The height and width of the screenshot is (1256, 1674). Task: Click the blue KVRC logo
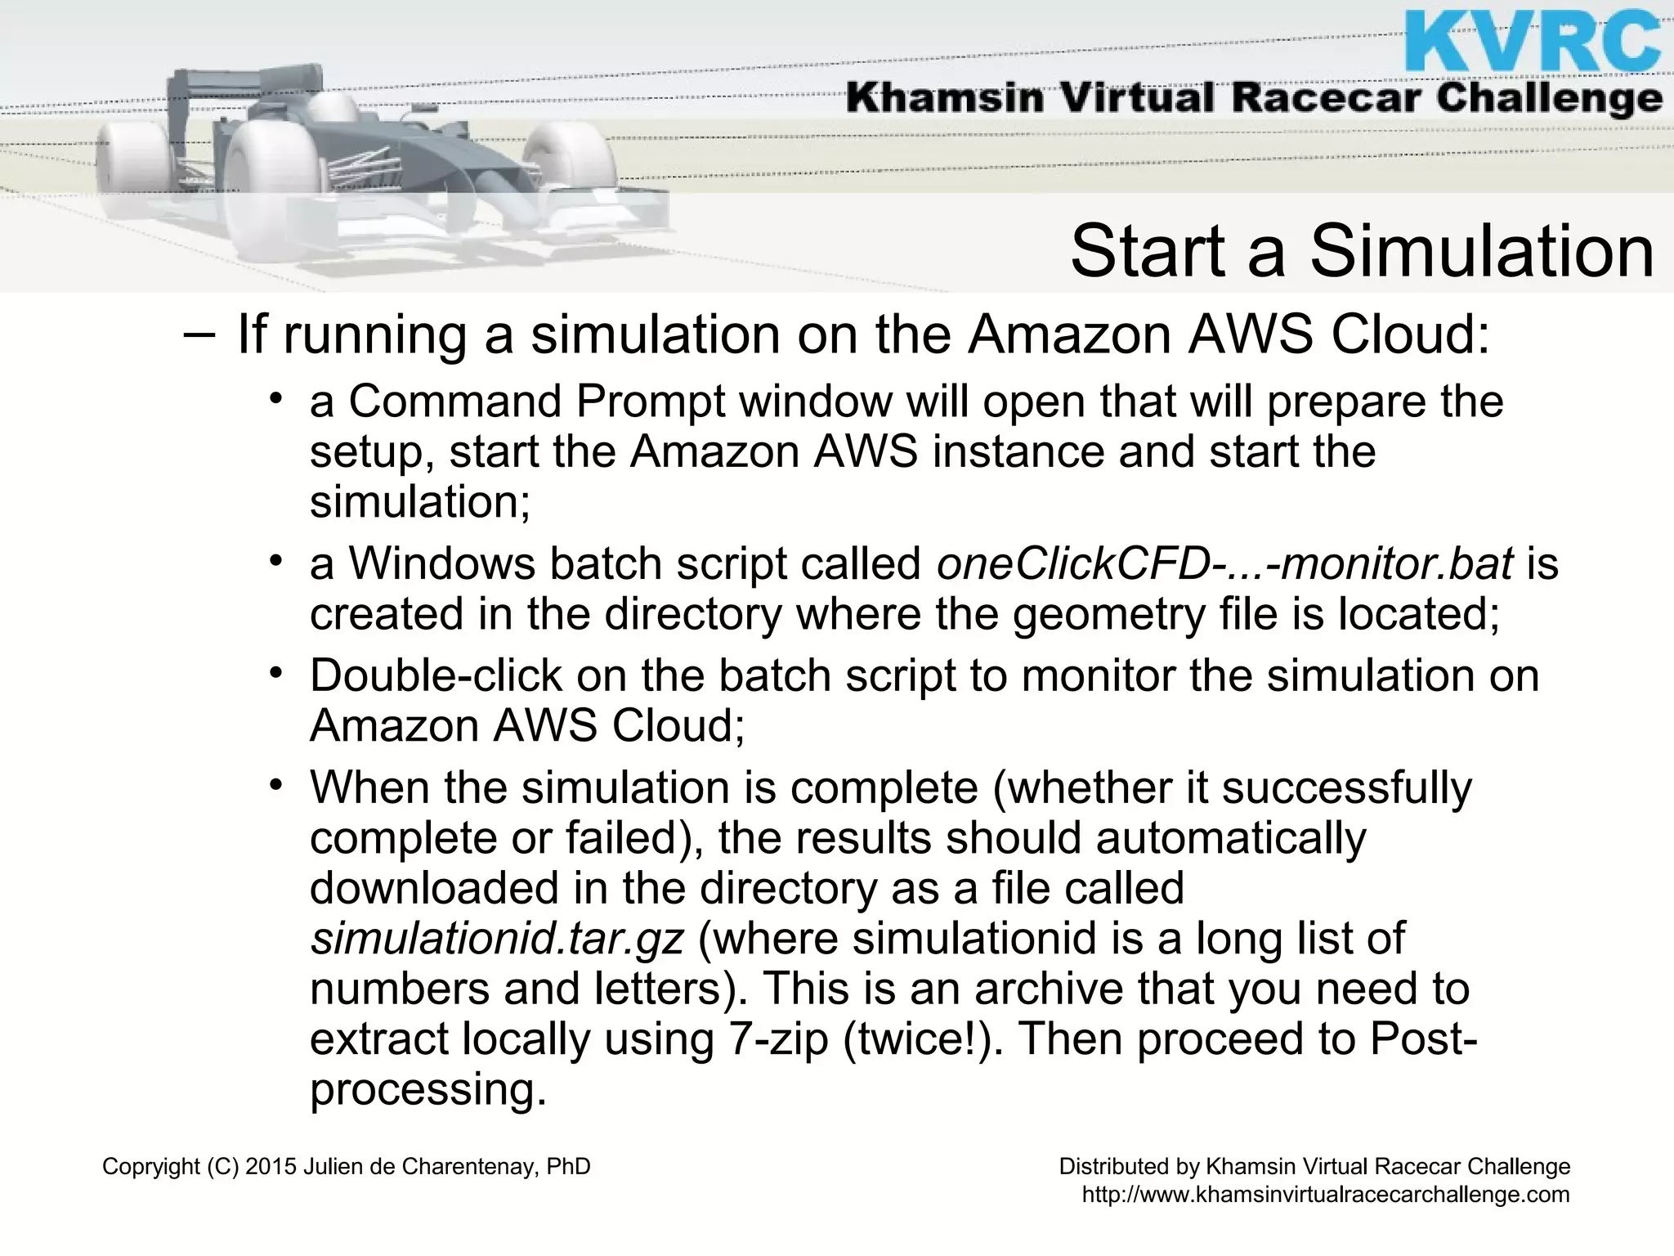pyautogui.click(x=1533, y=41)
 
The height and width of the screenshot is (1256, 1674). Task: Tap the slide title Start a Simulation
pyautogui.click(x=1362, y=251)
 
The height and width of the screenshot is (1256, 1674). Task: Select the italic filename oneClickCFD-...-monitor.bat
pyautogui.click(x=1224, y=564)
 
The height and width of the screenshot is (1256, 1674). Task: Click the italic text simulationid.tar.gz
pyautogui.click(x=496, y=939)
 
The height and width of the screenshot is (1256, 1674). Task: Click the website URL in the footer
pyautogui.click(x=1325, y=1195)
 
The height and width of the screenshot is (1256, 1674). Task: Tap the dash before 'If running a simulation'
pyautogui.click(x=199, y=335)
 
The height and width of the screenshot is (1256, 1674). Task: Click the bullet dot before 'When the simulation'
pyautogui.click(x=276, y=787)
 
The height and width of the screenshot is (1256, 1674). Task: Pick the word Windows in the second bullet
pyautogui.click(x=442, y=564)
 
